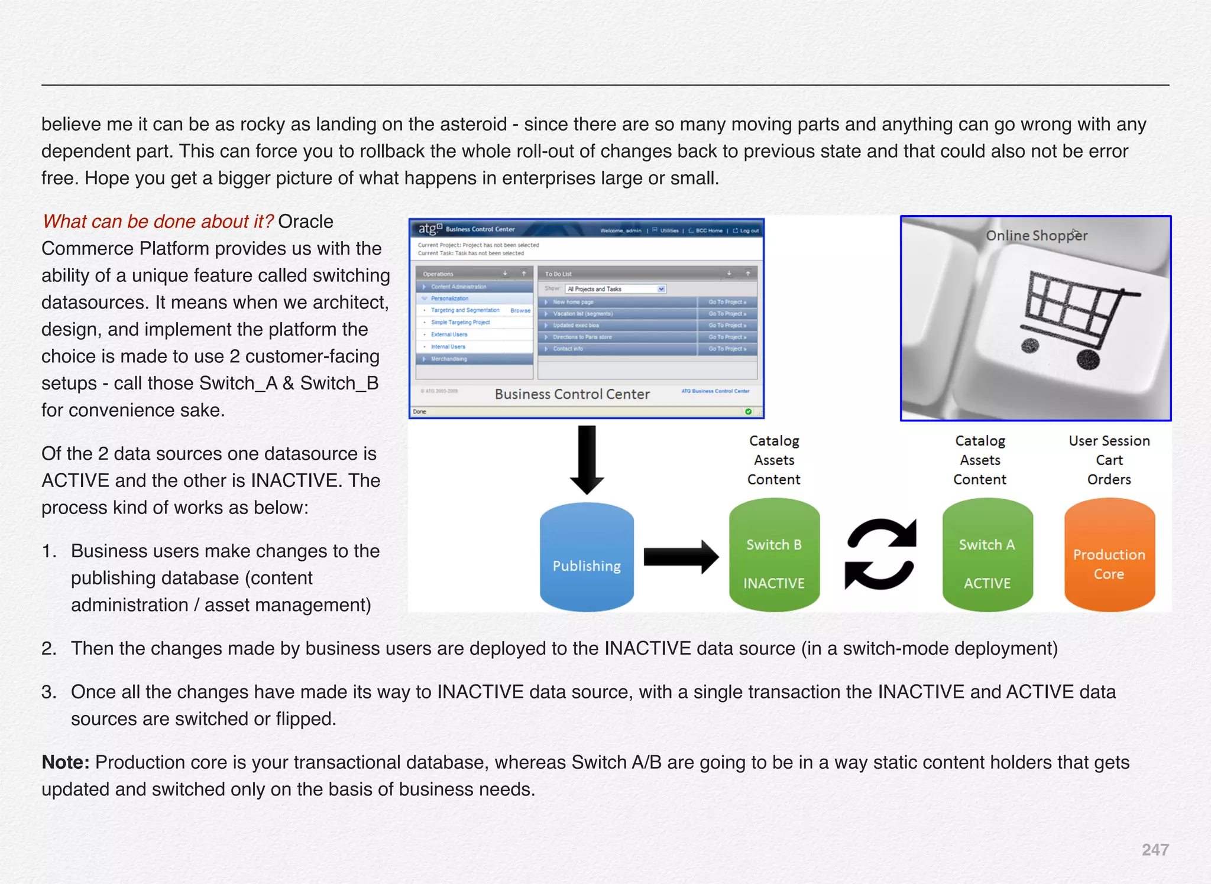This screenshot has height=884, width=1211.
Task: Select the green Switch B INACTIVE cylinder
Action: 774,555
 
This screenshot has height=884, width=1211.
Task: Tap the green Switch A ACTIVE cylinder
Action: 987,555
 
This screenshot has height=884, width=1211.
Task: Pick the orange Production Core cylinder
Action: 1109,555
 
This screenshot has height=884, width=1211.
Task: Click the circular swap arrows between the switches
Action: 880,554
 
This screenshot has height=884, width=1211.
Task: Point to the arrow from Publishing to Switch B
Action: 680,557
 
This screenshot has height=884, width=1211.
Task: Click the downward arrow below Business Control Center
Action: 587,460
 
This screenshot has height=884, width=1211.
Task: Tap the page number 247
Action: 1155,850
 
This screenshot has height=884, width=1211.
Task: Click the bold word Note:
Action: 66,762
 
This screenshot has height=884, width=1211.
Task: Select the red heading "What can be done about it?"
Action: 158,222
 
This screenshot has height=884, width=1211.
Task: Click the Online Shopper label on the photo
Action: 1036,236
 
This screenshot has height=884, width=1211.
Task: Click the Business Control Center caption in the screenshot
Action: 572,394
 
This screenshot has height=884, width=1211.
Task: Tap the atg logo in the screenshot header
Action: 430,229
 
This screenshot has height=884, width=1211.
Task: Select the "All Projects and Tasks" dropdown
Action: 616,289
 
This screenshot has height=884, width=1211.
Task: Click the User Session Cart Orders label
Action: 1109,460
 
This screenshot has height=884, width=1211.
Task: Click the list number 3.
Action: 49,692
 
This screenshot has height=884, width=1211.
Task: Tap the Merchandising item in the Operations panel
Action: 449,359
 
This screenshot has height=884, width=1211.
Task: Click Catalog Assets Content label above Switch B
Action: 774,460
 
